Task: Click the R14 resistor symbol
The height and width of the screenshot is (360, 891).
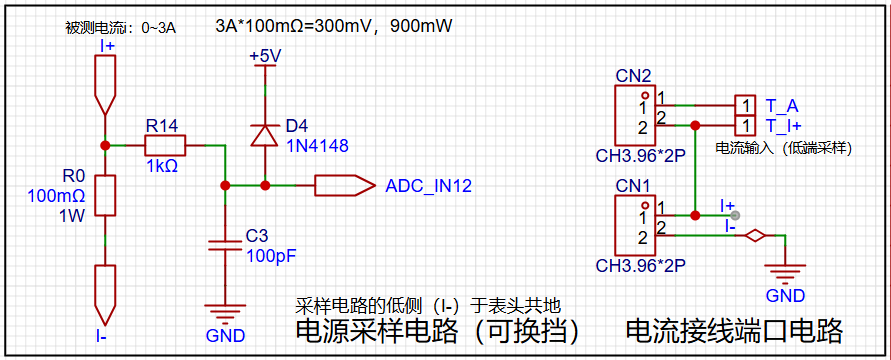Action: (165, 145)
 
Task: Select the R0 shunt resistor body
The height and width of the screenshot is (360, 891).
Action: (105, 195)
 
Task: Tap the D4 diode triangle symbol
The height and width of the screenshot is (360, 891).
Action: (265, 135)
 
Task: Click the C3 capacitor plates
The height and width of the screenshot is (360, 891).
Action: (226, 245)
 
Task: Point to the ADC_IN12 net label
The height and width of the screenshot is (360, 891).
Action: (428, 186)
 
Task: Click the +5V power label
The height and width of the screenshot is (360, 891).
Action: (266, 57)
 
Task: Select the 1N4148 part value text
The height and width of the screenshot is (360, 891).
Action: (318, 146)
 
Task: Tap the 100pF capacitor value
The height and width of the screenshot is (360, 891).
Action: (272, 256)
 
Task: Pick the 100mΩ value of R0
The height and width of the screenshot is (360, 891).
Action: (56, 196)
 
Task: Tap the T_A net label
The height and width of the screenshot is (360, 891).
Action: (778, 106)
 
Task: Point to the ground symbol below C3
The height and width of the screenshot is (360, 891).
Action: (226, 313)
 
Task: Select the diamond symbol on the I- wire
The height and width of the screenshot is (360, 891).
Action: (755, 235)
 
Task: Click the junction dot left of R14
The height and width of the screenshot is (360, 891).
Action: (105, 145)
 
